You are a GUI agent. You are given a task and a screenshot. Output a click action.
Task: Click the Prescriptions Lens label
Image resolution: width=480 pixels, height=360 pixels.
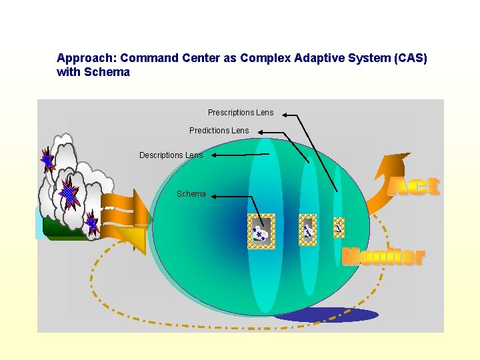point(240,113)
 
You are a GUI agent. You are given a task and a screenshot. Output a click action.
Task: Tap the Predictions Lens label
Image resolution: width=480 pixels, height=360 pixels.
point(219,131)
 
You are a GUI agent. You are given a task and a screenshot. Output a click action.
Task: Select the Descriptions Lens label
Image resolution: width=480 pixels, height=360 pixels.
point(171,155)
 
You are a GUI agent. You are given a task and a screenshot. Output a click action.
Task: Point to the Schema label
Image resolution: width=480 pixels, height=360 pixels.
point(191,194)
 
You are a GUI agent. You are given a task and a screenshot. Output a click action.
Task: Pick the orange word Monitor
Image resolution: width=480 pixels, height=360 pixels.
point(383,257)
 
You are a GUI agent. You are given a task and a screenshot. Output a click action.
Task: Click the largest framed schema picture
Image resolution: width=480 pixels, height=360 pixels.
point(261,232)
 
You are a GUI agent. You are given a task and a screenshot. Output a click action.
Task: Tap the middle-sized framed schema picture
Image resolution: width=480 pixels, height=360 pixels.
point(307,230)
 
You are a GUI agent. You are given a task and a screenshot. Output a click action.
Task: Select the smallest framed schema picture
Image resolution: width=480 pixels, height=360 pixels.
point(339,228)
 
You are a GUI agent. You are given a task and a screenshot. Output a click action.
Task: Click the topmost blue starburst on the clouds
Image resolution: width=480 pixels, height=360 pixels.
point(47,160)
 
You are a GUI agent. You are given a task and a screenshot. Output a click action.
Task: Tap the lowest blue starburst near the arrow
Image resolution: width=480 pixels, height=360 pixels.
point(92,224)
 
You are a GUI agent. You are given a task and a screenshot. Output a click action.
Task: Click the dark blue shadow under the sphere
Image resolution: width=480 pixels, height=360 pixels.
point(327,315)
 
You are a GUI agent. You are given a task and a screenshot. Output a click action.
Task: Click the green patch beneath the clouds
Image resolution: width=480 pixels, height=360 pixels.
point(60,230)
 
